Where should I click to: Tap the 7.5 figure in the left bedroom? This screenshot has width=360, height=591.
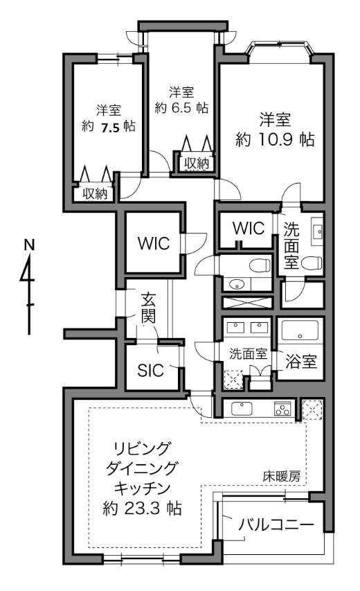tap(109, 127)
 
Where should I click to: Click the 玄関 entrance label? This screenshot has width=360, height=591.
tap(148, 309)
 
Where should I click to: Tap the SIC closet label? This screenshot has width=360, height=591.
tap(150, 371)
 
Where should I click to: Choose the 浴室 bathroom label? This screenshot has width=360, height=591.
tap(301, 362)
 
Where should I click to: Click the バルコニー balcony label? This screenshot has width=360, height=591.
tap(276, 524)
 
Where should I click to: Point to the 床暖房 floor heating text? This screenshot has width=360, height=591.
tap(281, 477)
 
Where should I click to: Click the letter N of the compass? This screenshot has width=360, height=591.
tap(28, 245)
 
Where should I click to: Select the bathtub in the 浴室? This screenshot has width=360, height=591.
tap(300, 330)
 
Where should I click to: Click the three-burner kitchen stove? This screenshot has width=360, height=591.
tap(282, 409)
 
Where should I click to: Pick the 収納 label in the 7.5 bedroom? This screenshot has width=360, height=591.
tap(95, 194)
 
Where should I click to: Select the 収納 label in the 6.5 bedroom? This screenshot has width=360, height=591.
tap(196, 164)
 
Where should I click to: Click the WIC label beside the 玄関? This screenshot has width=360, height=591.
tap(154, 243)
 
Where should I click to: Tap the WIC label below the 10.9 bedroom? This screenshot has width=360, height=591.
tap(248, 229)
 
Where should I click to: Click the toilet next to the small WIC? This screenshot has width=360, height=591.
tap(260, 265)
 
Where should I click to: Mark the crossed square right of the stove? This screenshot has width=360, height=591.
tap(312, 409)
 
